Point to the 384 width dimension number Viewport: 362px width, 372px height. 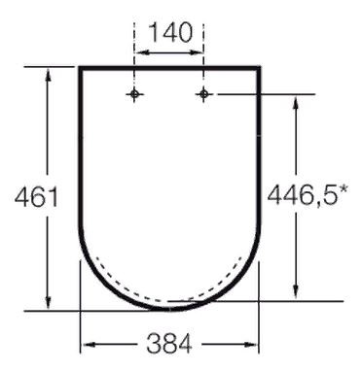point(171,342)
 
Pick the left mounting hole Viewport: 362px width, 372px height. point(134,94)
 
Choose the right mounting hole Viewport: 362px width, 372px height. point(203,94)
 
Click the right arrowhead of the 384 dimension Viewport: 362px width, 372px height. point(255,343)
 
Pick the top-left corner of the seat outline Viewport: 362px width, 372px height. point(80,68)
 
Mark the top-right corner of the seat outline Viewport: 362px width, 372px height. point(261,68)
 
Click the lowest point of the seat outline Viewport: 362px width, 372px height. point(170,310)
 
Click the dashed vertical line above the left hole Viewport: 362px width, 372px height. point(134,68)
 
